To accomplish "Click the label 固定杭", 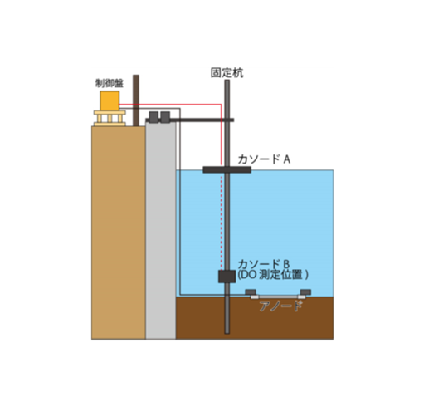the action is click(227, 73).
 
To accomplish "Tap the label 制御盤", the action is click(110, 83).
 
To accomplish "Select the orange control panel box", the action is click(110, 101).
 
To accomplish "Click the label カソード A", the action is click(264, 159).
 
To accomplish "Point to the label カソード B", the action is click(264, 264).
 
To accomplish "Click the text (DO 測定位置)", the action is click(273, 275).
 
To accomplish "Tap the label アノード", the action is click(280, 306).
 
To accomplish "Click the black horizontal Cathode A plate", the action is click(227, 169).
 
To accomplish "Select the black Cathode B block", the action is click(227, 277).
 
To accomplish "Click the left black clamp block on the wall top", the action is click(154, 117).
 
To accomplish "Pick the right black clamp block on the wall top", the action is click(165, 117).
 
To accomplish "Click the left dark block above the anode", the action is click(251, 292).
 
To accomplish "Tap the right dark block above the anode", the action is click(305, 292).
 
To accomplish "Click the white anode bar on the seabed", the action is click(278, 297).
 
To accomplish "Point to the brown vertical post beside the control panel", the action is click(136, 101).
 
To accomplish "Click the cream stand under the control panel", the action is click(110, 118).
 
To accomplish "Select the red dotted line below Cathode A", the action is click(222, 222).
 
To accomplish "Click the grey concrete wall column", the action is click(161, 230).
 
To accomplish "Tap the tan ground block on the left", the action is click(119, 233).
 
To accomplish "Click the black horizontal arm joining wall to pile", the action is click(202, 120).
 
